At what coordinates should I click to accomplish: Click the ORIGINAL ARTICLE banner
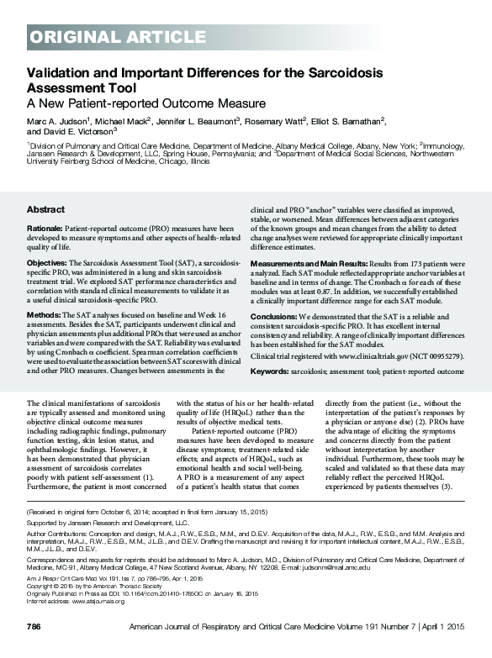click(98, 35)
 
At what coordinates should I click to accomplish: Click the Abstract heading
click(46, 209)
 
